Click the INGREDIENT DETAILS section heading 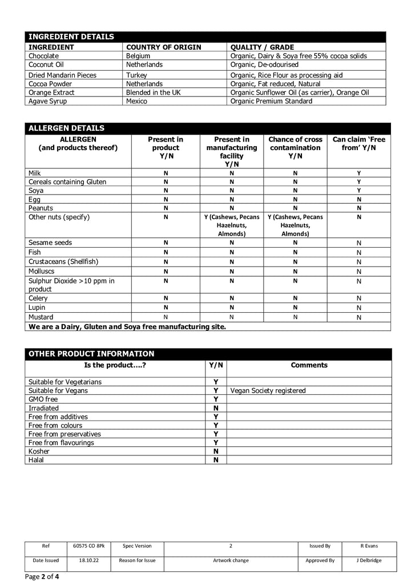click(x=71, y=37)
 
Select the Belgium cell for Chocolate click(x=138, y=56)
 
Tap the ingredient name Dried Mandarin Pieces click(x=62, y=75)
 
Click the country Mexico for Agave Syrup click(x=136, y=101)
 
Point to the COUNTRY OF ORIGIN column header click(x=163, y=47)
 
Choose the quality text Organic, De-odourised click(x=264, y=64)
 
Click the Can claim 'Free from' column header click(x=358, y=143)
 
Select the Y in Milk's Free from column click(x=358, y=172)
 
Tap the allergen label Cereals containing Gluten click(x=67, y=181)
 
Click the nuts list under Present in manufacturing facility click(x=231, y=225)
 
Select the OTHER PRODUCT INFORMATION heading click(x=91, y=354)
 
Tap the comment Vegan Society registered click(x=268, y=391)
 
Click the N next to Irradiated click(x=216, y=408)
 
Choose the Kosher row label click(x=39, y=451)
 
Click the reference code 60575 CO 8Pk click(x=89, y=546)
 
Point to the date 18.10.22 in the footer click(x=89, y=560)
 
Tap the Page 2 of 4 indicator click(x=42, y=576)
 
